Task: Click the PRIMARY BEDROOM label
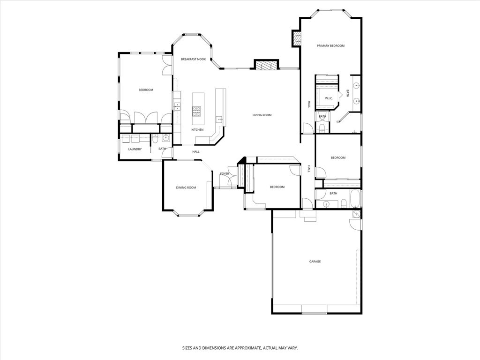[330, 46]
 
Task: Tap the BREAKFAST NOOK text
[193, 60]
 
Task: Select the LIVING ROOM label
[262, 115]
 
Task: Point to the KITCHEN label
[197, 130]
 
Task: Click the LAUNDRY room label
[135, 149]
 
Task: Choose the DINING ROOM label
[186, 187]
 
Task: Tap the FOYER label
[225, 174]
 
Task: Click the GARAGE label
[315, 262]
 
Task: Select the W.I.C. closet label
[329, 98]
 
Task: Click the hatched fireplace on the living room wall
[266, 66]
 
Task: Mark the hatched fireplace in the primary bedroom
[296, 38]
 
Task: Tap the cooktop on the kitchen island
[196, 111]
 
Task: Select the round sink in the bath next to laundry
[165, 138]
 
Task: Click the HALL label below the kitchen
[196, 152]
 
